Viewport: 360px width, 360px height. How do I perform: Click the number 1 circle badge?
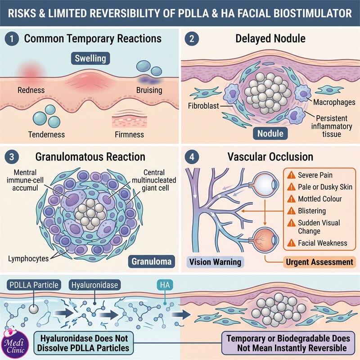point(12,39)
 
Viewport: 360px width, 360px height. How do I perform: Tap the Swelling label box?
point(90,58)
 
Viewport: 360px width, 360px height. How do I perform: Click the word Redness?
point(31,90)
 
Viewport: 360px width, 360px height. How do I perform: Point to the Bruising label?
point(149,90)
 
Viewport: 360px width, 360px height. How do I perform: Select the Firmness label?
point(129,134)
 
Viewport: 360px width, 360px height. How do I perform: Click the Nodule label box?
point(270,133)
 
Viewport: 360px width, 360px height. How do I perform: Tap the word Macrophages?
point(334,102)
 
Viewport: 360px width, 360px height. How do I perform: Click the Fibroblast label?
point(203,106)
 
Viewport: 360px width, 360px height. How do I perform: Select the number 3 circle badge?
point(12,157)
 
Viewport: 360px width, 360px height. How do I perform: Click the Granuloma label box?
point(152,261)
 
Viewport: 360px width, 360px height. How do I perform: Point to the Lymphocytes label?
point(28,259)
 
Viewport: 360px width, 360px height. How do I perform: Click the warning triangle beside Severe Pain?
point(291,175)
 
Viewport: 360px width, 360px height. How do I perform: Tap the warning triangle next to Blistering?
point(291,211)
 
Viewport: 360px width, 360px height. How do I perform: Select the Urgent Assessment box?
point(319,262)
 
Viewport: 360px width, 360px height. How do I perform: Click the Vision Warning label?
point(215,262)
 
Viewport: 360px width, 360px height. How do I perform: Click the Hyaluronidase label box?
point(94,285)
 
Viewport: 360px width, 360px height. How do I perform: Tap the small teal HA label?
point(165,285)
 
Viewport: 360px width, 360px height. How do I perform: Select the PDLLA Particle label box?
point(34,285)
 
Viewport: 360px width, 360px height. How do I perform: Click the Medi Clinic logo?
point(14,344)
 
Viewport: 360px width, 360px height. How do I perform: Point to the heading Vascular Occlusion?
point(270,157)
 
